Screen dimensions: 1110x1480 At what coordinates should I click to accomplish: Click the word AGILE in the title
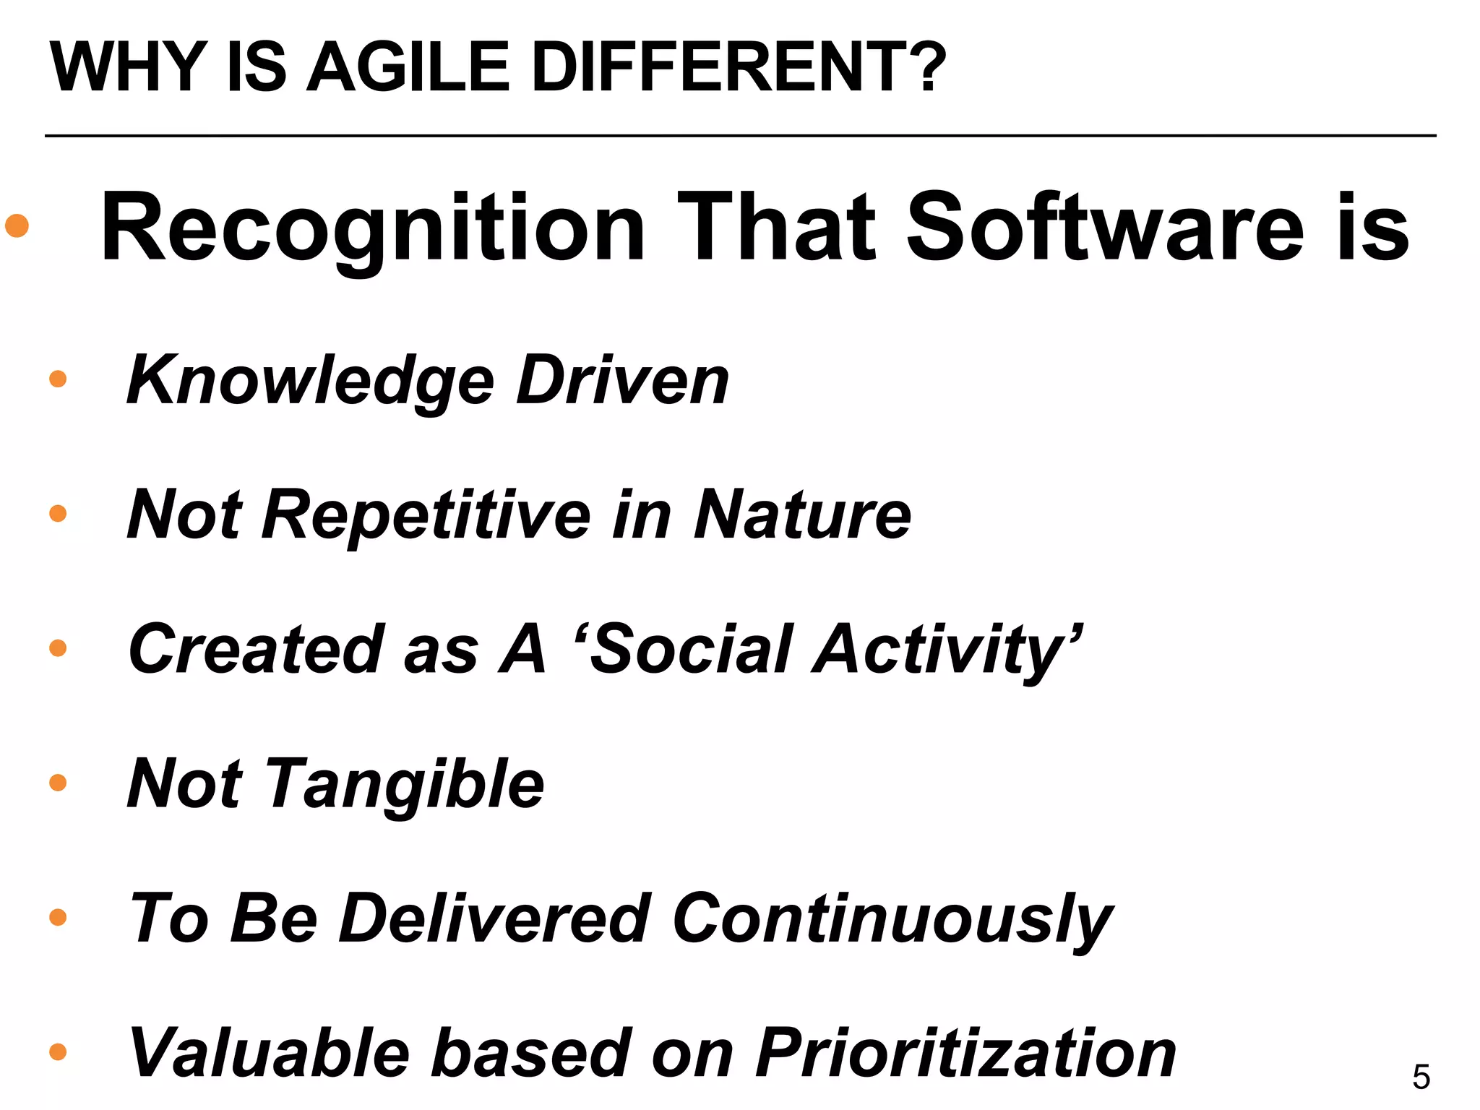click(408, 67)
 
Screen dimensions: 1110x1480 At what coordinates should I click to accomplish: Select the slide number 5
click(1421, 1077)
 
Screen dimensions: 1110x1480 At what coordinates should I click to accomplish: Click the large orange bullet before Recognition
click(17, 225)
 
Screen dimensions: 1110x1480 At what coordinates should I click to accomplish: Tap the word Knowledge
click(310, 382)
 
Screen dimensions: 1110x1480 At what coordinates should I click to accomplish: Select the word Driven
click(622, 380)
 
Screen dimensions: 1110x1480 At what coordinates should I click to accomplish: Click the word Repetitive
click(426, 515)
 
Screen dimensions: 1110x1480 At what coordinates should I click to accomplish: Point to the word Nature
click(802, 515)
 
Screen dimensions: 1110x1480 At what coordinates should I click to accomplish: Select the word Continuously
click(892, 920)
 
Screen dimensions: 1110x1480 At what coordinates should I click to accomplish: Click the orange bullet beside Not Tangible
click(58, 783)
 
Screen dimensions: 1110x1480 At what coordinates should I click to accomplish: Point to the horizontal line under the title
click(740, 135)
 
